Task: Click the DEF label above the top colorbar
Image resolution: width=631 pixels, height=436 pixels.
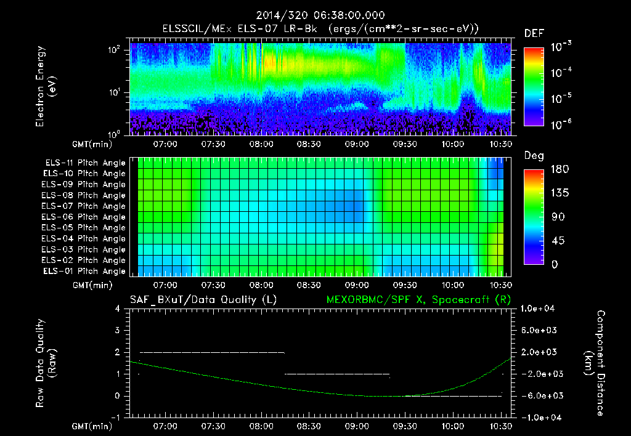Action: pyautogui.click(x=534, y=34)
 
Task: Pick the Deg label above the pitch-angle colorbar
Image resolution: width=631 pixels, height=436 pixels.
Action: pyautogui.click(x=534, y=156)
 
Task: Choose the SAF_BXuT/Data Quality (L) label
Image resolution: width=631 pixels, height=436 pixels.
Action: pyautogui.click(x=203, y=299)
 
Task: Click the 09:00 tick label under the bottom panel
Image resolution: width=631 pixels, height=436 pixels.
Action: pyautogui.click(x=357, y=426)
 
